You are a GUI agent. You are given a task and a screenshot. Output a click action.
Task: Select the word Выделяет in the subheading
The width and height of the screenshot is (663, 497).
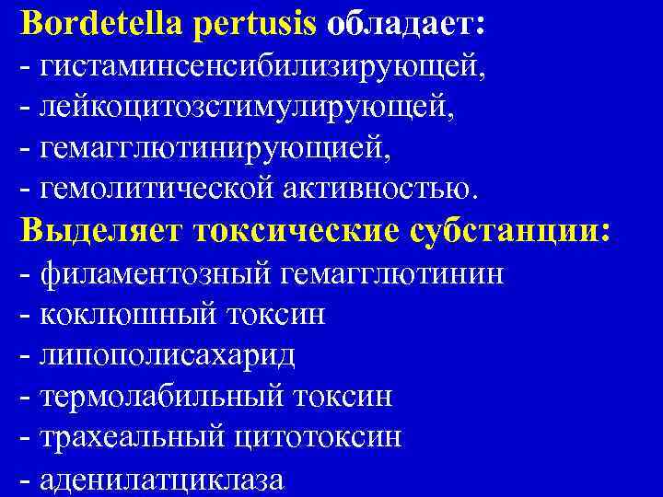[x=100, y=230]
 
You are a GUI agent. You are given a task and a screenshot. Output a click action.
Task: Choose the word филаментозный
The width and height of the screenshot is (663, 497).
[x=157, y=273]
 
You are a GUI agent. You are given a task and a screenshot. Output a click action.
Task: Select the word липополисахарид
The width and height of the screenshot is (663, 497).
[x=167, y=355]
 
